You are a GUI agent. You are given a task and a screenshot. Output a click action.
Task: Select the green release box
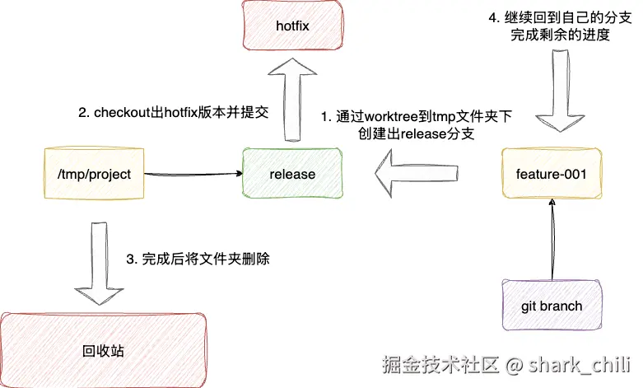coord(292,175)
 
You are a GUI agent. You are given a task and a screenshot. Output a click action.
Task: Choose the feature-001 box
coord(552,175)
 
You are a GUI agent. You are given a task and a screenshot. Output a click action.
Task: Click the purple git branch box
coord(551,306)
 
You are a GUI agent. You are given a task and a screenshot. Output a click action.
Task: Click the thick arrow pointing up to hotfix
coord(292,102)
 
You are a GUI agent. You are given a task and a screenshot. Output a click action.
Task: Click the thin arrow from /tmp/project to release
coord(193,175)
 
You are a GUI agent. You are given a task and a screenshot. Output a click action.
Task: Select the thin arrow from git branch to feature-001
coord(551,239)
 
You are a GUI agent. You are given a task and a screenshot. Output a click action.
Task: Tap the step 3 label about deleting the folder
coord(198,259)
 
